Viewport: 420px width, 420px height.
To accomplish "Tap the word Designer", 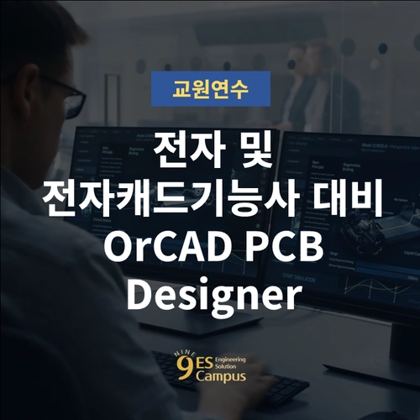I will point(210,294).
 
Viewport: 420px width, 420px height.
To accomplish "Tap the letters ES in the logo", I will point(191,363).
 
